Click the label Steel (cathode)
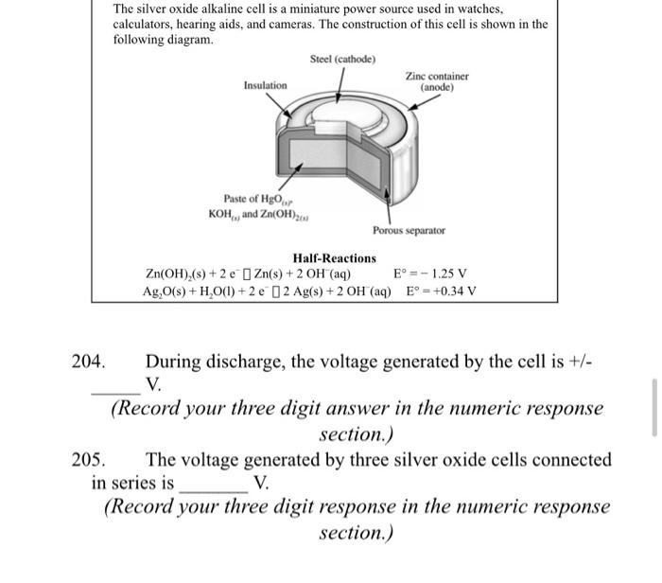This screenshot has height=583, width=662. (342, 60)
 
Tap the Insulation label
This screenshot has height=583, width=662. (265, 85)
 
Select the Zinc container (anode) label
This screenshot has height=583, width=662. (437, 81)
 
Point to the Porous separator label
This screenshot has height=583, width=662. (409, 230)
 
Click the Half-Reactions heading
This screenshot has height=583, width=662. (334, 257)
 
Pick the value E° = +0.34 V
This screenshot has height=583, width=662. (441, 291)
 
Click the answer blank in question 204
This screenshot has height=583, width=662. (114, 388)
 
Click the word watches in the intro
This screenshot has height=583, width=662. (475, 9)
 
